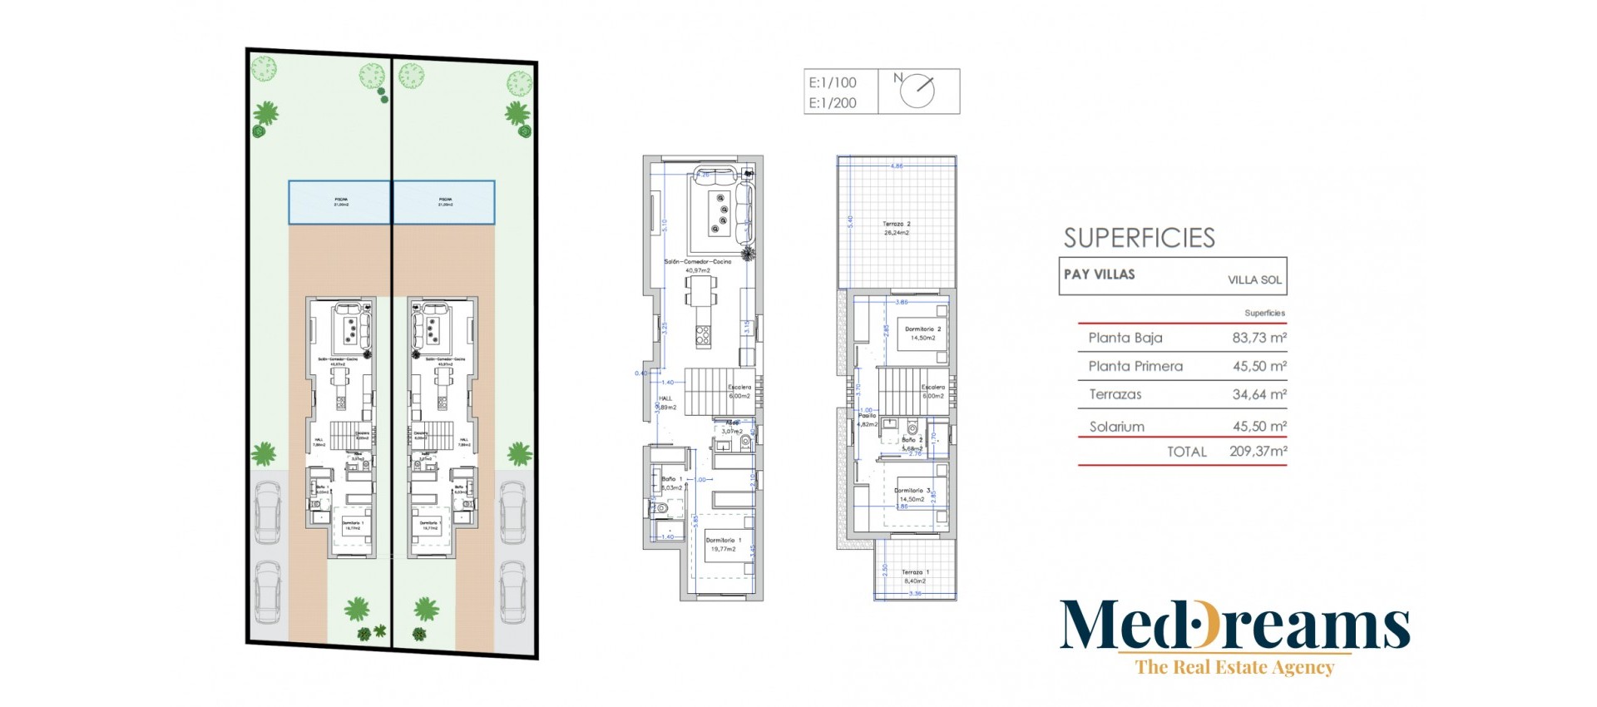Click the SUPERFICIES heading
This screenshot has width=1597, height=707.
pyautogui.click(x=1139, y=238)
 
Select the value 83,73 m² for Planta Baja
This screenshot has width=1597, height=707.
pyautogui.click(x=1258, y=338)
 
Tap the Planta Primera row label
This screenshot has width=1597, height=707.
pyautogui.click(x=1135, y=366)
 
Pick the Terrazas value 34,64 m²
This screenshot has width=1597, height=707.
pyautogui.click(x=1258, y=394)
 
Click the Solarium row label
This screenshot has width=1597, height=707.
pyautogui.click(x=1116, y=427)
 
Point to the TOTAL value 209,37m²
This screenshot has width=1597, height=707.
pyautogui.click(x=1258, y=452)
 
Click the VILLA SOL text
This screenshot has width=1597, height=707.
pyautogui.click(x=1254, y=280)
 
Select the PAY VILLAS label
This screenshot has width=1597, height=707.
pyautogui.click(x=1099, y=274)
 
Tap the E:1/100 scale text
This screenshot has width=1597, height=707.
pyautogui.click(x=832, y=82)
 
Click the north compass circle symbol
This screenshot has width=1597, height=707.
pyautogui.click(x=917, y=91)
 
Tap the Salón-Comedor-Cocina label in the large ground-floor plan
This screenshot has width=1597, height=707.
pyautogui.click(x=697, y=262)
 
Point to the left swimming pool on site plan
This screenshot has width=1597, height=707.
pyautogui.click(x=340, y=202)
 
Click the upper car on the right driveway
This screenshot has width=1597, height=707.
pyautogui.click(x=512, y=512)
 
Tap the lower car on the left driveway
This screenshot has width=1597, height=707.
pyautogui.click(x=267, y=591)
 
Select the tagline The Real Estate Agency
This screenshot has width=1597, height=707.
pyautogui.click(x=1234, y=667)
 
